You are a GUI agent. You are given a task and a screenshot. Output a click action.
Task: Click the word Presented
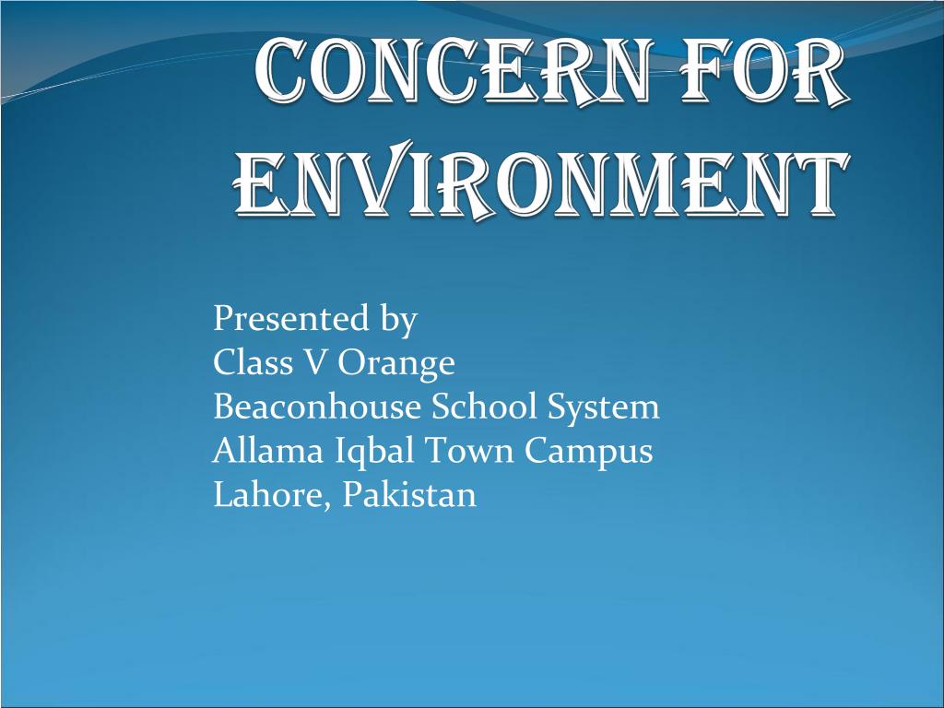[x=290, y=319]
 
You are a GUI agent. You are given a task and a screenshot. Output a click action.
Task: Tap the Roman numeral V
[x=316, y=363]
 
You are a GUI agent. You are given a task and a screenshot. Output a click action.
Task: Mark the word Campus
[x=589, y=453]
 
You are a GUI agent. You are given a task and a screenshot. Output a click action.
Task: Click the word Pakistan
[x=410, y=495]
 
